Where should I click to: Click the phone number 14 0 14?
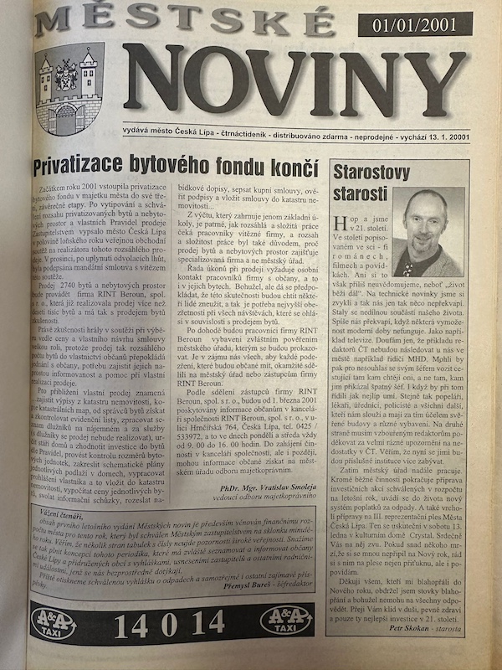click(x=168, y=622)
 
